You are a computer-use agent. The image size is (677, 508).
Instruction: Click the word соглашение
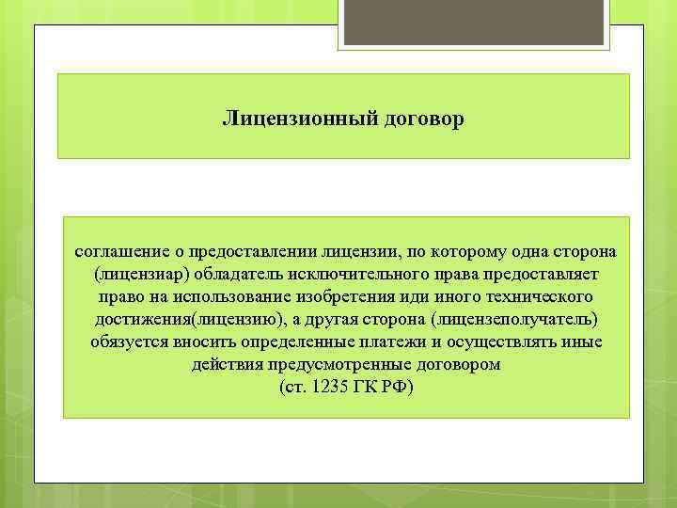coord(122,252)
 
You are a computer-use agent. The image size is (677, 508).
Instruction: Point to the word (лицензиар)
coord(140,275)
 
